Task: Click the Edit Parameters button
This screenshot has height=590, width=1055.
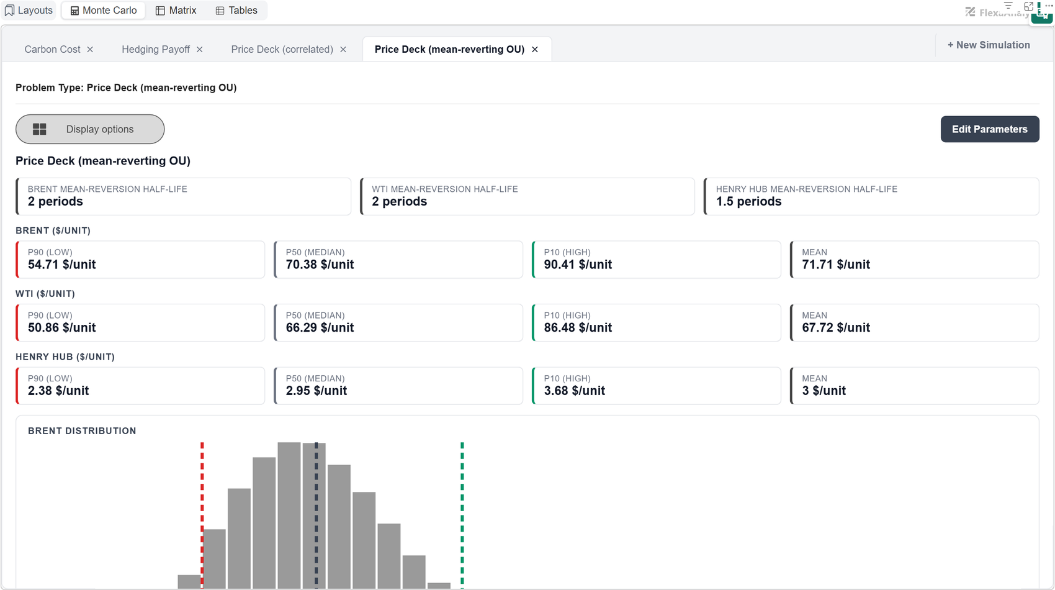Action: pyautogui.click(x=990, y=129)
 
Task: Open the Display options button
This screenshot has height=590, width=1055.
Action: pyautogui.click(x=90, y=129)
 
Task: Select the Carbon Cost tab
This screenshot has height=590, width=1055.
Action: pyautogui.click(x=52, y=50)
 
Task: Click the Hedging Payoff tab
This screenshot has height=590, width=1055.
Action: pyautogui.click(x=155, y=50)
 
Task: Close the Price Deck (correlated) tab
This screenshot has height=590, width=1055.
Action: pyautogui.click(x=343, y=50)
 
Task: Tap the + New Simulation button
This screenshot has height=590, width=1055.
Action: pyautogui.click(x=989, y=45)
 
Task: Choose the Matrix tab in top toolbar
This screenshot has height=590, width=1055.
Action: pyautogui.click(x=176, y=11)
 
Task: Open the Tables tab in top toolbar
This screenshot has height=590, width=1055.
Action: pyautogui.click(x=236, y=11)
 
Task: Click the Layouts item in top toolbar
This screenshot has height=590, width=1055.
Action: pyautogui.click(x=29, y=11)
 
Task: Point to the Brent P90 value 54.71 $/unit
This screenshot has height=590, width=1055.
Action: pyautogui.click(x=61, y=265)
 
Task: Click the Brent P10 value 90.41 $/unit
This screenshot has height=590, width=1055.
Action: pyautogui.click(x=578, y=265)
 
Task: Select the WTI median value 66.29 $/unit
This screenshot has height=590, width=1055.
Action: pyautogui.click(x=320, y=327)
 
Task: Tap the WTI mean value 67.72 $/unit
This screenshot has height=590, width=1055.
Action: pyautogui.click(x=836, y=327)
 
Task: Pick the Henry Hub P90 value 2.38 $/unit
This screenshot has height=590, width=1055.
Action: pyautogui.click(x=58, y=391)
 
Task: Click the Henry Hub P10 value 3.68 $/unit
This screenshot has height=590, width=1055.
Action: pyautogui.click(x=575, y=391)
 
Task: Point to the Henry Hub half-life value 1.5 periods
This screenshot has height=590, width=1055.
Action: pyautogui.click(x=749, y=202)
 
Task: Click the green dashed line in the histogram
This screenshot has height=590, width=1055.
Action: pyautogui.click(x=462, y=515)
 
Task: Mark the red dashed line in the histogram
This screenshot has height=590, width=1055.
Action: pyautogui.click(x=202, y=515)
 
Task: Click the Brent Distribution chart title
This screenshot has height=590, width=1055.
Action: pyautogui.click(x=82, y=431)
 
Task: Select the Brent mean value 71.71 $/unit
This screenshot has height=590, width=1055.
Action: pyautogui.click(x=836, y=265)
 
